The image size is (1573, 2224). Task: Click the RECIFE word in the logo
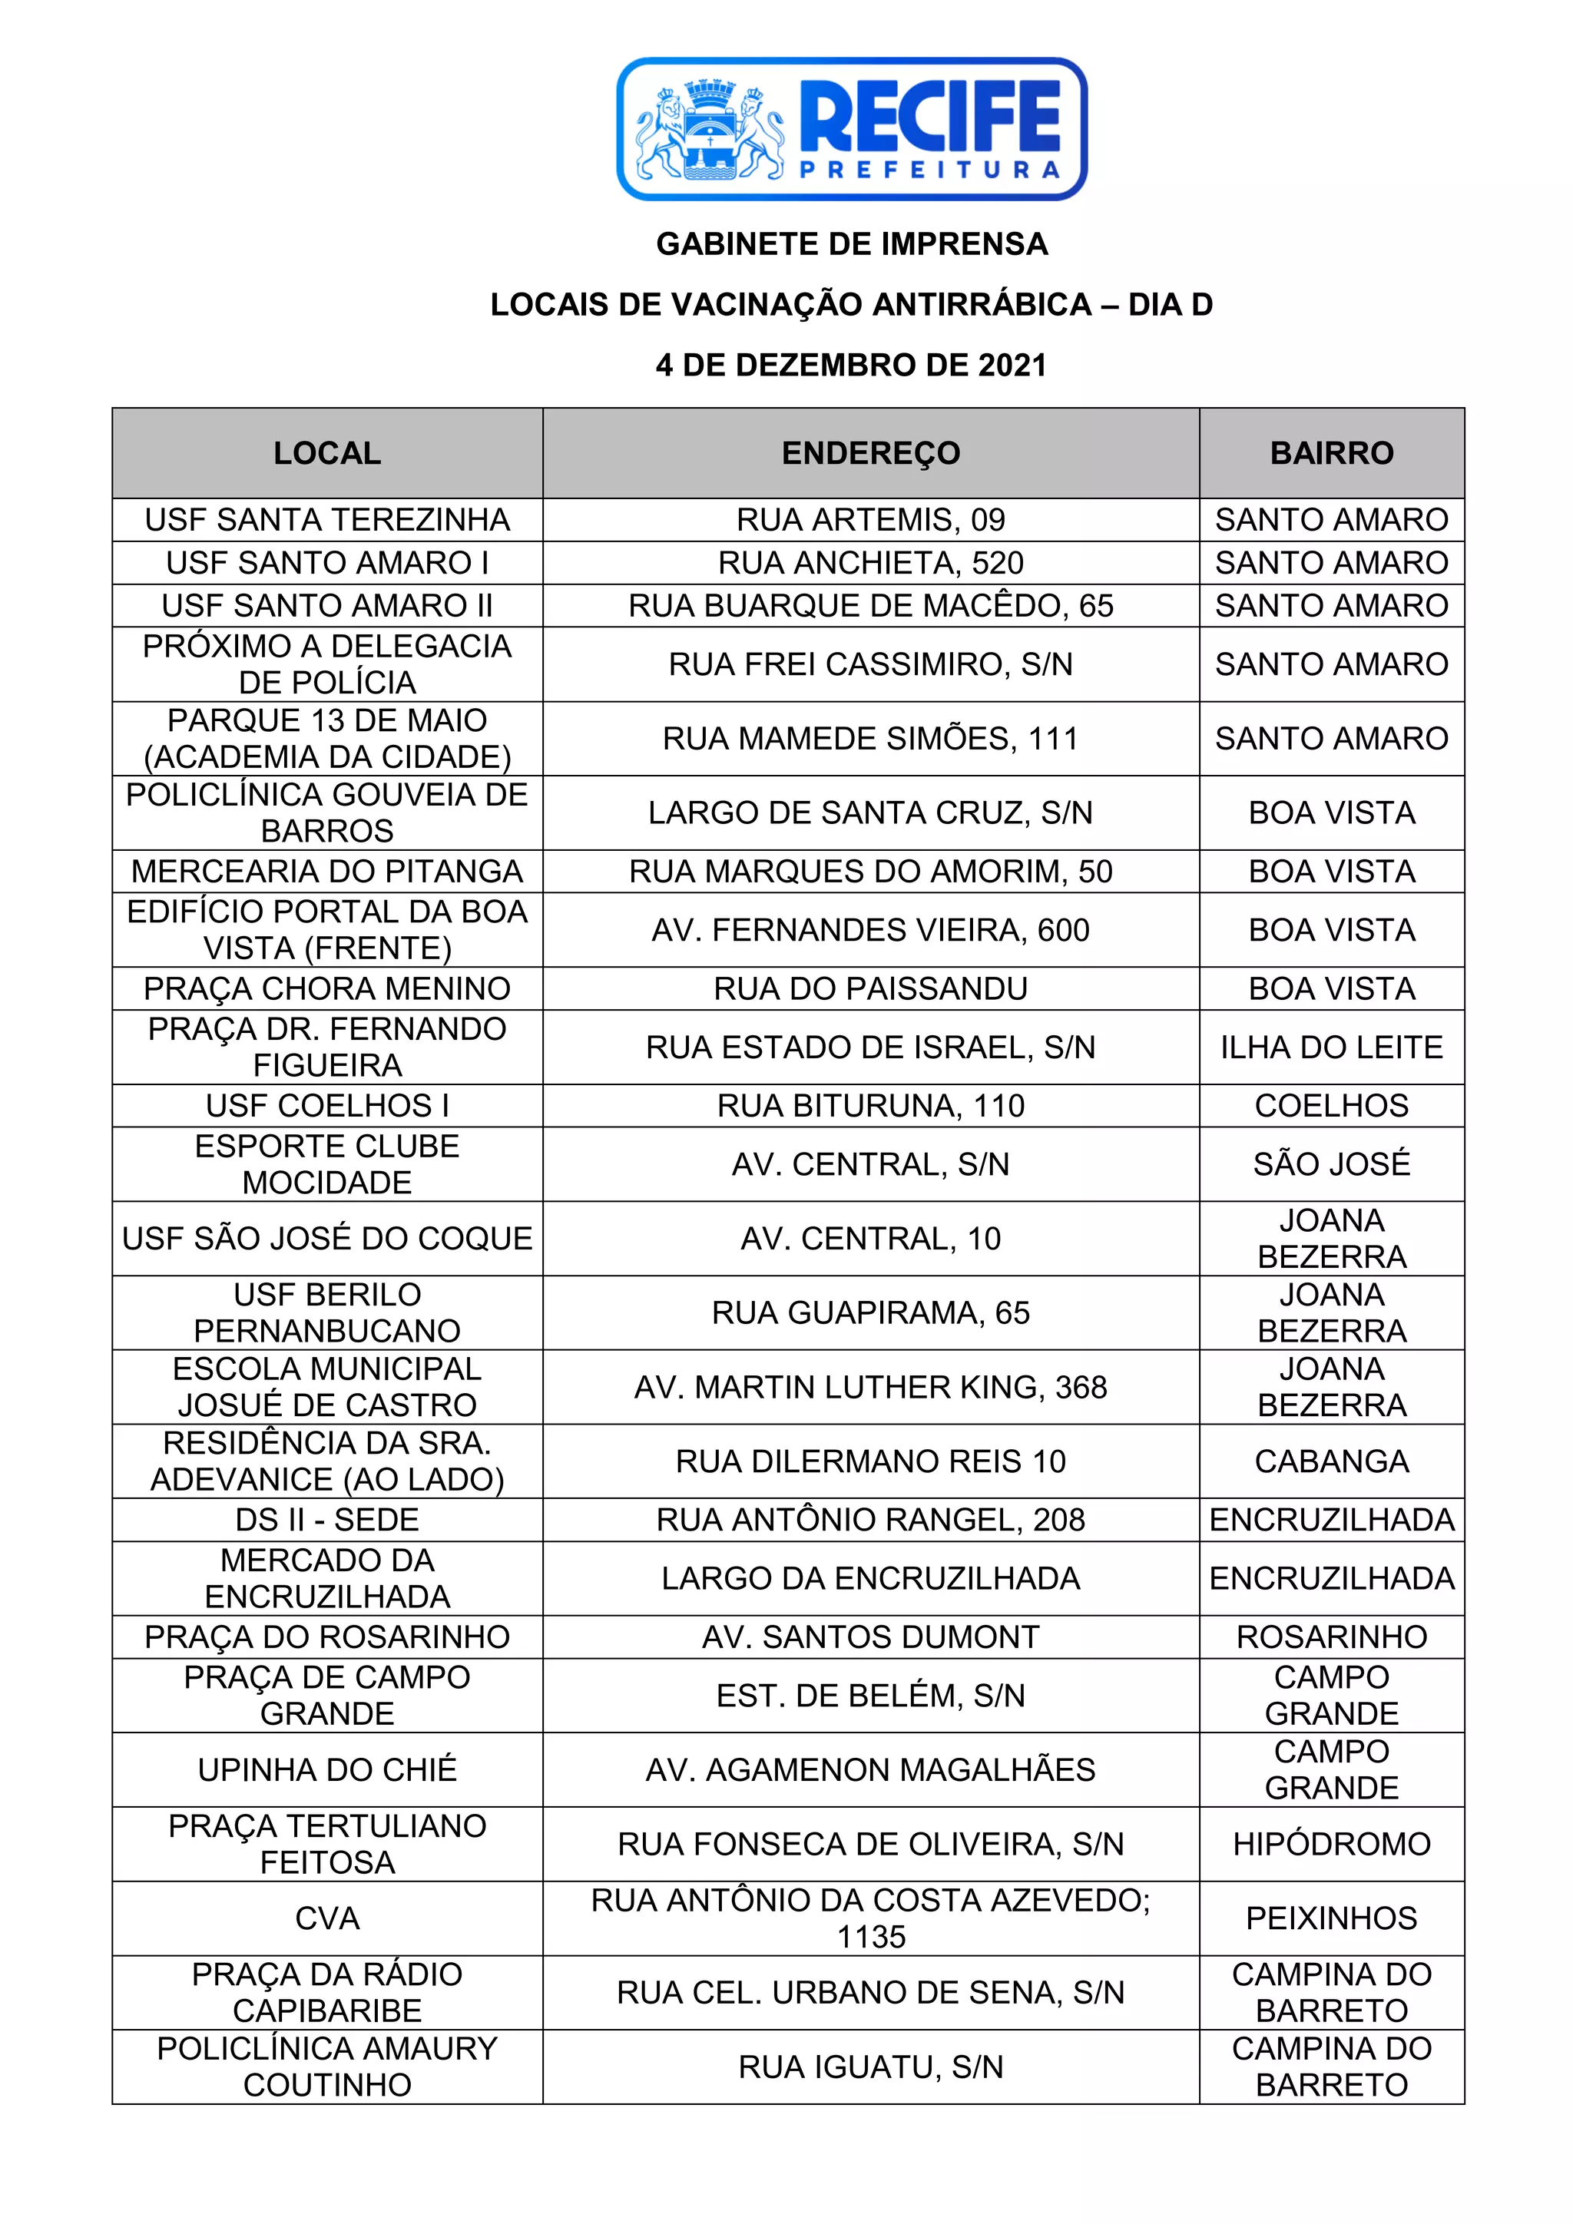pyautogui.click(x=930, y=115)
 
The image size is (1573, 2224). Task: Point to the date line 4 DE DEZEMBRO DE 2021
pyautogui.click(x=851, y=366)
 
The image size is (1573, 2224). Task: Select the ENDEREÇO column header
pyautogui.click(x=871, y=453)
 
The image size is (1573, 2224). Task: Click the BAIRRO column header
pyautogui.click(x=1332, y=453)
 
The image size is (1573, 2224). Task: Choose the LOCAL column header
pyautogui.click(x=327, y=453)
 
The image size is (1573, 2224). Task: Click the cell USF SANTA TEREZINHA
pyautogui.click(x=327, y=520)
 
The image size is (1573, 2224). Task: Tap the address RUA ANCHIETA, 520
pyautogui.click(x=871, y=563)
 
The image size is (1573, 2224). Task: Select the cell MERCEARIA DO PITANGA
pyautogui.click(x=327, y=872)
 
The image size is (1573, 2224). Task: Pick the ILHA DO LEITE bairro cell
pyautogui.click(x=1332, y=1047)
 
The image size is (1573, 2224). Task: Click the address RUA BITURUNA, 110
pyautogui.click(x=871, y=1106)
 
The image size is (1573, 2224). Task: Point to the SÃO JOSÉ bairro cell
pyautogui.click(x=1332, y=1164)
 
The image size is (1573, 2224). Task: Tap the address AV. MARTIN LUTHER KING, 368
pyautogui.click(x=871, y=1387)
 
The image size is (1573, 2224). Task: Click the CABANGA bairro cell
pyautogui.click(x=1332, y=1461)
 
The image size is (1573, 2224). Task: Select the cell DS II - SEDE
pyautogui.click(x=327, y=1520)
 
